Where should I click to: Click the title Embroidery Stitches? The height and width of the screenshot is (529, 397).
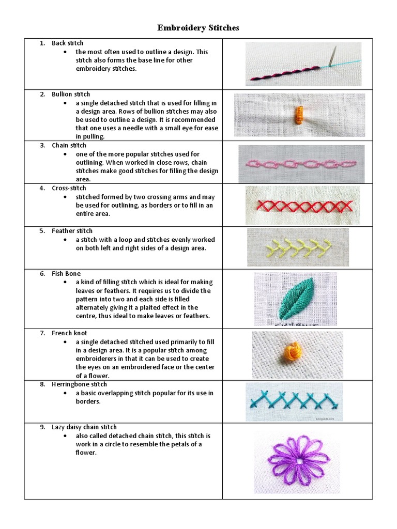coord(198,28)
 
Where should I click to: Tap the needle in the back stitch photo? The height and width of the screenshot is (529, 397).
coord(333,56)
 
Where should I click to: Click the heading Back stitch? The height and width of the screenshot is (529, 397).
coord(67,43)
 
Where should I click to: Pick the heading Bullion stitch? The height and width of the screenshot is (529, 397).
coord(71,95)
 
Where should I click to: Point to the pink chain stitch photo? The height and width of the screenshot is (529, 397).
coord(301,164)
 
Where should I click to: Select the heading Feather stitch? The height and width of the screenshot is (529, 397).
coord(72,231)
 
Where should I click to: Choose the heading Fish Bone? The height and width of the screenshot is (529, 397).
coord(66,274)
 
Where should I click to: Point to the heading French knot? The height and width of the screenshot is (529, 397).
coord(69,334)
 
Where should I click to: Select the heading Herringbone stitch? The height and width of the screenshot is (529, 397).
coord(80,384)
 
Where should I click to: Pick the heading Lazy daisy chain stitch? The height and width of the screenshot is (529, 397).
coord(84,427)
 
